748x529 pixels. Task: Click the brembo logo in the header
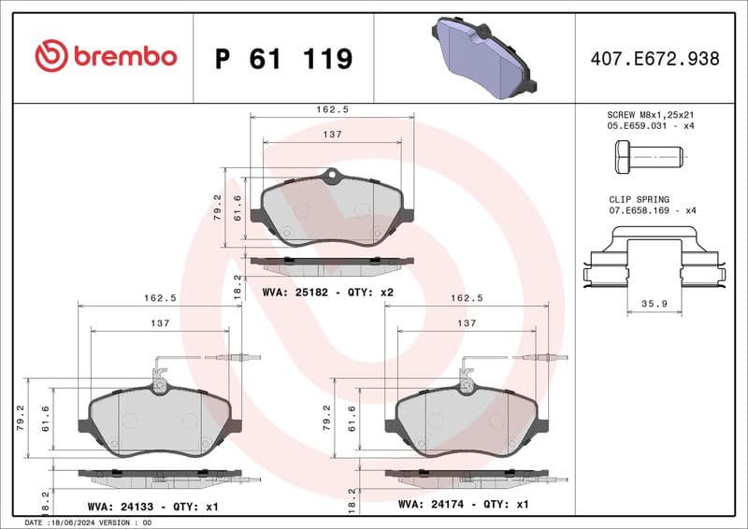point(105,57)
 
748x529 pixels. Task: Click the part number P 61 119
point(283,59)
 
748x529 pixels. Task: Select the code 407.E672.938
point(654,59)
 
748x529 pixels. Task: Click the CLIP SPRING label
point(639,199)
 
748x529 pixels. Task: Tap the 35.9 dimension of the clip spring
point(654,303)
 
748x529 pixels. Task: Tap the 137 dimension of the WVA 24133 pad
point(160,323)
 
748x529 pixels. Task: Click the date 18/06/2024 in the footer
point(73,522)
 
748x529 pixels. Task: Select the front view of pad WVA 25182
point(332,211)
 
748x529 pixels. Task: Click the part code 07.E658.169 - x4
point(652,211)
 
